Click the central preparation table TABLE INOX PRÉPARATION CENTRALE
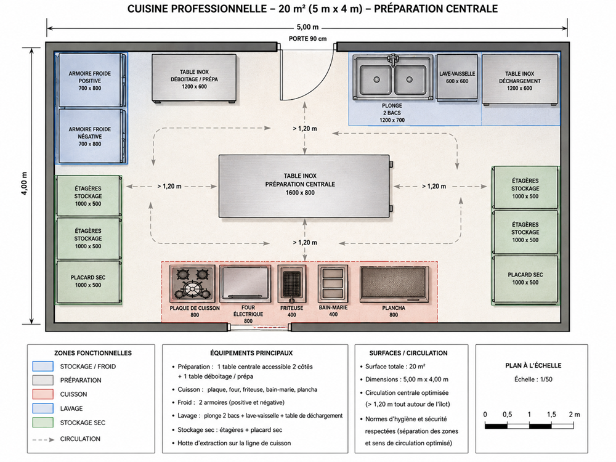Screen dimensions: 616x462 [304, 186]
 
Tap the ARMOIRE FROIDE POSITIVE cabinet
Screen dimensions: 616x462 [92, 80]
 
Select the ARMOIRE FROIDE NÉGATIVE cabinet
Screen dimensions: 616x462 [92, 136]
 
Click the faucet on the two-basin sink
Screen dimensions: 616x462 [392, 60]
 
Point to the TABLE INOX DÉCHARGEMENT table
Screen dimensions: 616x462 [520, 79]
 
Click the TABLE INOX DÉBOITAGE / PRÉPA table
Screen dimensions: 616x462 [194, 78]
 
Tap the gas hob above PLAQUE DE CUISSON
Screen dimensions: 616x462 [192, 283]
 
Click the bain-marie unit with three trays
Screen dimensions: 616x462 [333, 283]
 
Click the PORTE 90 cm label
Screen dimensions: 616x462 [307, 38]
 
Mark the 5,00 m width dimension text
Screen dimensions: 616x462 [307, 27]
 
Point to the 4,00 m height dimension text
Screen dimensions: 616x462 [25, 184]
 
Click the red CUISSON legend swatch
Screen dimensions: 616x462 [43, 394]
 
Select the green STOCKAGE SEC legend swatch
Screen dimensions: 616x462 [43, 423]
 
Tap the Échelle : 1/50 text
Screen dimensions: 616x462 [533, 379]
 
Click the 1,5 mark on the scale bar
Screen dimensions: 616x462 [551, 415]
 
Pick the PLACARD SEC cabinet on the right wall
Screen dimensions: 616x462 [525, 280]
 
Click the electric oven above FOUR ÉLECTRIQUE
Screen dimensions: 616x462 [246, 283]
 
